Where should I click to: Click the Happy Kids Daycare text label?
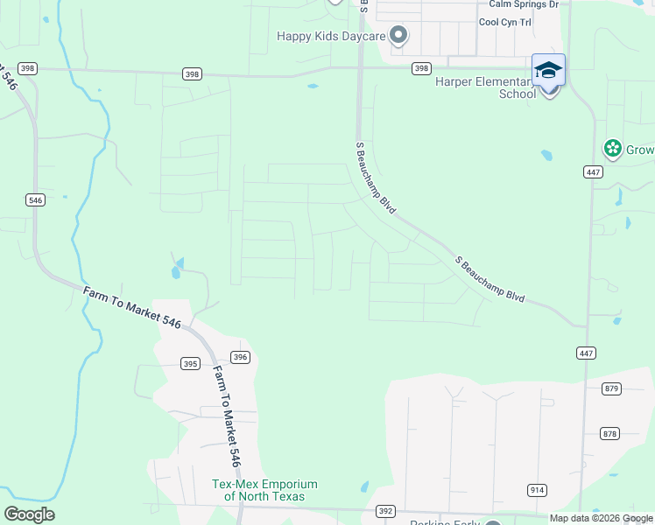(x=331, y=36)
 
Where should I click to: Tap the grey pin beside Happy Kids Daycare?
(x=398, y=36)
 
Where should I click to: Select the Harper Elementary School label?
(x=486, y=87)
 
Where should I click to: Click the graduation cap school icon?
(x=548, y=70)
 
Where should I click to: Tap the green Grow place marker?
(x=613, y=149)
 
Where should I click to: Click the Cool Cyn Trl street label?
(x=505, y=22)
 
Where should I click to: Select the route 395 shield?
(x=190, y=363)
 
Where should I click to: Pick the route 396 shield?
(x=241, y=357)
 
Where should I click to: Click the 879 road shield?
(x=611, y=388)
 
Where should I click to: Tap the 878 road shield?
(x=610, y=433)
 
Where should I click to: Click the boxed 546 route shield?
(x=35, y=200)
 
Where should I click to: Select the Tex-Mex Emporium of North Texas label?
(x=265, y=490)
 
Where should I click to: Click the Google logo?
(x=29, y=514)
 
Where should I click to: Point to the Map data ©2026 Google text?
(x=600, y=518)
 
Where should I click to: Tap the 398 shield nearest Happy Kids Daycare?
(x=421, y=68)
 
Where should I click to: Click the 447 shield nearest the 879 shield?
(x=587, y=353)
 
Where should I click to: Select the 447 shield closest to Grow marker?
(x=593, y=172)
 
